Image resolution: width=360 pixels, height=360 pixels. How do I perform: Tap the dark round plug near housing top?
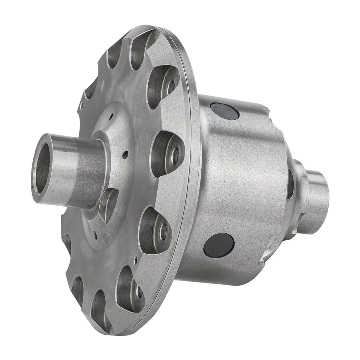point(225,111)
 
